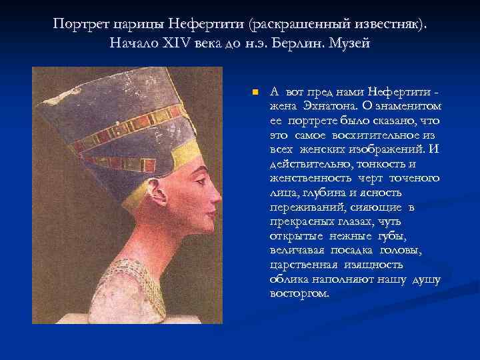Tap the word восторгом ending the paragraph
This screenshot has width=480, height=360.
tap(299, 293)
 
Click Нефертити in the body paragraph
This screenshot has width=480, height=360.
tap(399, 92)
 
